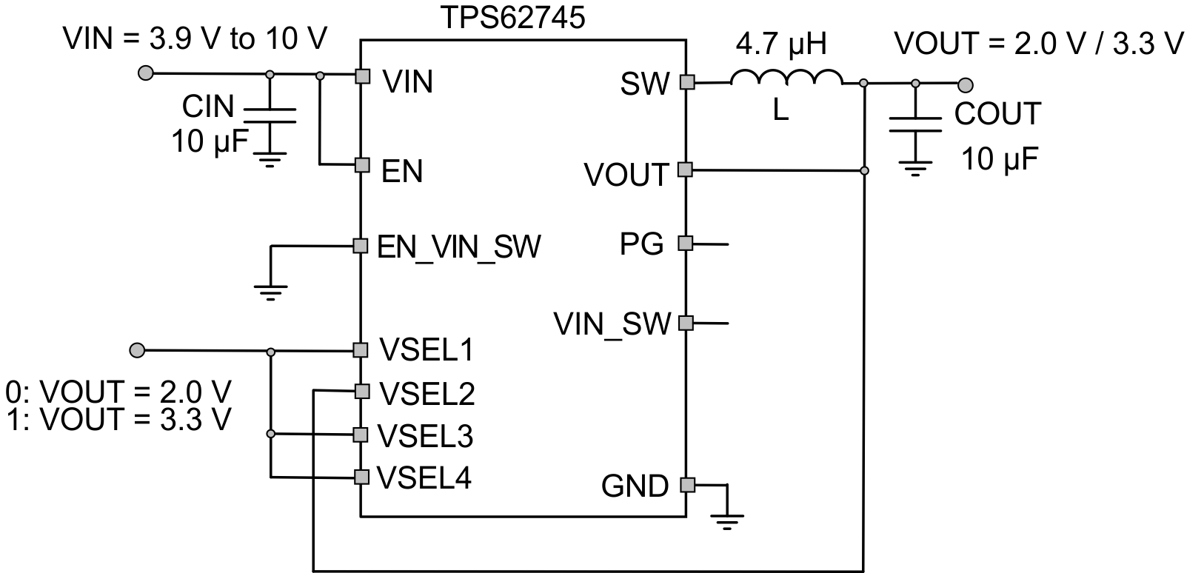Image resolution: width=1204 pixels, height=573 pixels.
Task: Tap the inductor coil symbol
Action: click(x=786, y=78)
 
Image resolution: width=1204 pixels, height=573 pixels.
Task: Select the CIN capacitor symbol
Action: click(x=270, y=115)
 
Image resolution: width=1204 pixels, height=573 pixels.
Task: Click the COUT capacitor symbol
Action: click(x=916, y=124)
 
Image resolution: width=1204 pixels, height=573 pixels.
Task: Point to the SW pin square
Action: click(x=686, y=82)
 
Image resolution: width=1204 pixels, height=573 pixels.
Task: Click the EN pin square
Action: click(x=361, y=164)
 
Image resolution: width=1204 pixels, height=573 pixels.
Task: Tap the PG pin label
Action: click(x=641, y=243)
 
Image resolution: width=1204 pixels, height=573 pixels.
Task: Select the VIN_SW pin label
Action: click(x=612, y=324)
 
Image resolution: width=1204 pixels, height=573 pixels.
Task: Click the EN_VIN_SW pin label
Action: click(x=459, y=247)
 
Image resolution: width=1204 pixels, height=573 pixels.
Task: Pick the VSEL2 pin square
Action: click(x=361, y=391)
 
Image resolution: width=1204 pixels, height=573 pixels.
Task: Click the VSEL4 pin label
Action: click(x=424, y=478)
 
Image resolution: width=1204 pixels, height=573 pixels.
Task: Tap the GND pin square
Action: click(x=686, y=485)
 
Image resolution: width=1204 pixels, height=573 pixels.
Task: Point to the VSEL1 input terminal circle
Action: click(x=137, y=349)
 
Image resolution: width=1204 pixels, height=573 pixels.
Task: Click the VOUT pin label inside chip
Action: click(x=626, y=175)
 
